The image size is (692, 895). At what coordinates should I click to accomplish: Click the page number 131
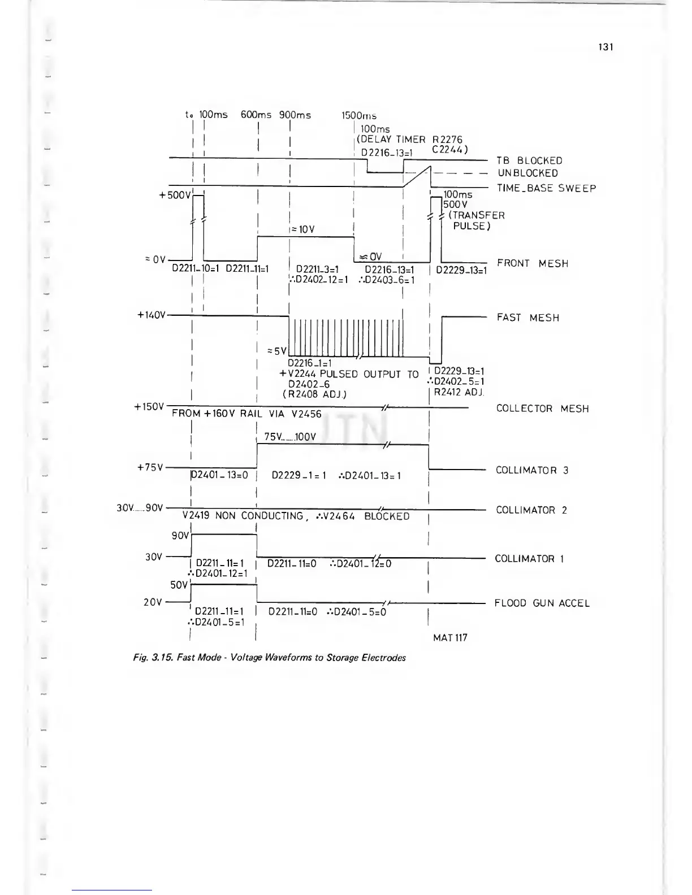point(605,47)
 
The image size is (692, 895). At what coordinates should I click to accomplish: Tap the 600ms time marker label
point(256,115)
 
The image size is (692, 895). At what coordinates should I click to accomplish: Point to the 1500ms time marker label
point(359,116)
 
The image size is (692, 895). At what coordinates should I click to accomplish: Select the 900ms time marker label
point(295,115)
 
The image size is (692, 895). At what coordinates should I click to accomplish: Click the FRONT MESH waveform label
point(532,263)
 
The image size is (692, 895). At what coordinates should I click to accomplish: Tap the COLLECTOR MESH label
point(542,409)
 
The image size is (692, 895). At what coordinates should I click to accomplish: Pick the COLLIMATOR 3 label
point(532,470)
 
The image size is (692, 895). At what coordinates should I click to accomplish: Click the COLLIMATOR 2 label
point(531,510)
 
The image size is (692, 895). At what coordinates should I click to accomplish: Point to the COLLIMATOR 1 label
point(529,559)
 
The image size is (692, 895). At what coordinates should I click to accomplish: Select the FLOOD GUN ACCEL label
point(542,603)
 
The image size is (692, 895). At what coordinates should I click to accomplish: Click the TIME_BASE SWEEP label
point(546,188)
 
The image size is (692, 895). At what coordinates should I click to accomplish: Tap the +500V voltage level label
point(175,195)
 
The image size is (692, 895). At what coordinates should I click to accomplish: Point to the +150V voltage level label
point(150,407)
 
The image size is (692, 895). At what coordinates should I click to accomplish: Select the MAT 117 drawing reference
point(450,638)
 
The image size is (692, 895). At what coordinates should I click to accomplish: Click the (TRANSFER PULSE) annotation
point(474,220)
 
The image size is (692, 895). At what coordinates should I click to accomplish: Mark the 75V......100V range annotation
point(290,437)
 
